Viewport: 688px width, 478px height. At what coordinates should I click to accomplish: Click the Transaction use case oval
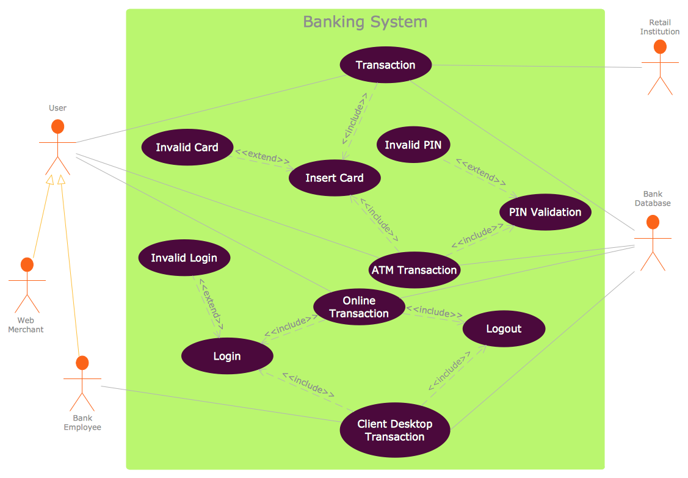(385, 65)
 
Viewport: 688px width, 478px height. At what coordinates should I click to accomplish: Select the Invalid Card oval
(187, 147)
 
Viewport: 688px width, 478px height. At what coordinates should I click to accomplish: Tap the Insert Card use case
(335, 178)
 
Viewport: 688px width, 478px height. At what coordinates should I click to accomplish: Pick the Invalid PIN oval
(413, 145)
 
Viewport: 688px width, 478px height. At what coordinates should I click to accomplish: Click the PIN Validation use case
(545, 212)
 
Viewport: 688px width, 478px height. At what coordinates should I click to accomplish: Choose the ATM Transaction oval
(415, 270)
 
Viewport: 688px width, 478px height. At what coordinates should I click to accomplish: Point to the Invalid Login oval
(184, 258)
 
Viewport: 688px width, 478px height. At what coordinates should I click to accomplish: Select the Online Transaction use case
(358, 307)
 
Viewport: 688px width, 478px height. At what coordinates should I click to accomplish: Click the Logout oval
(504, 329)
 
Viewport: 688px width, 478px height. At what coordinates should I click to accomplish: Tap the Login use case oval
(226, 356)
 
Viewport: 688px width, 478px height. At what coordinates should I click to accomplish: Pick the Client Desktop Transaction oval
(395, 430)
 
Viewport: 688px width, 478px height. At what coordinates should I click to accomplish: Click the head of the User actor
(57, 126)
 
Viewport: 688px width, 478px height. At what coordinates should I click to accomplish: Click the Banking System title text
(365, 23)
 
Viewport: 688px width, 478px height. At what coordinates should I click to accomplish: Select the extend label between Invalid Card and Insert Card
(263, 157)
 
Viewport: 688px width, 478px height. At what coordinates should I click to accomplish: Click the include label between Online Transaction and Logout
(435, 312)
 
